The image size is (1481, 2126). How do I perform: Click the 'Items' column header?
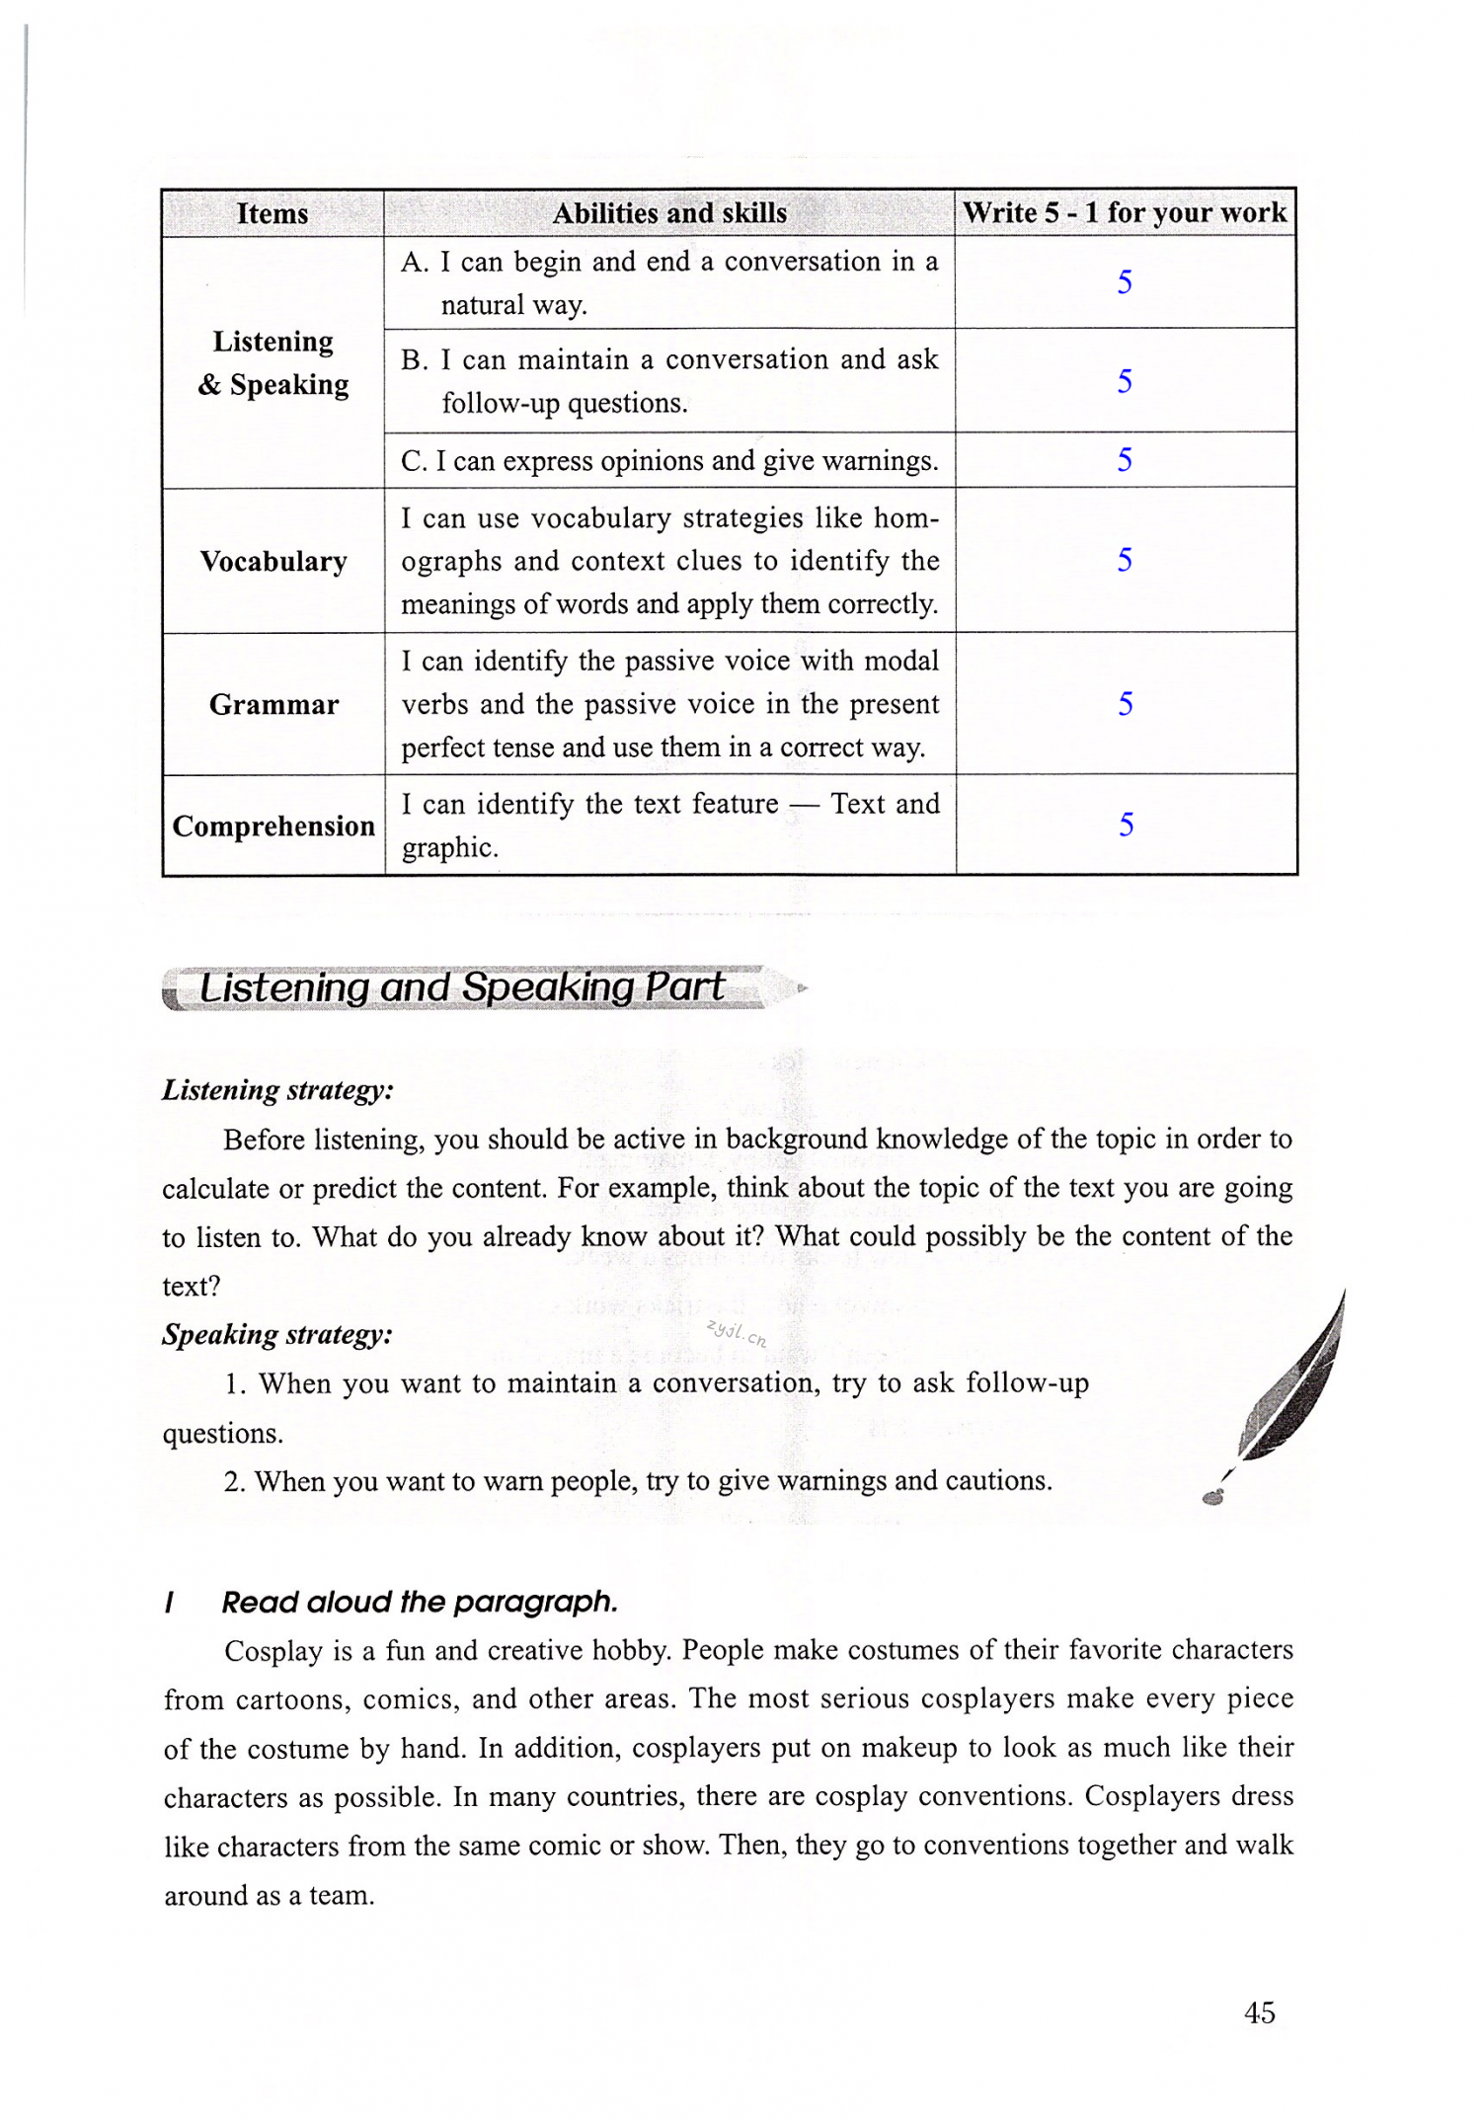click(x=273, y=213)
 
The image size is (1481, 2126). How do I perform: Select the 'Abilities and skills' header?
click(x=669, y=213)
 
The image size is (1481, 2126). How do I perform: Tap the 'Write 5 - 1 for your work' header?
click(x=1125, y=212)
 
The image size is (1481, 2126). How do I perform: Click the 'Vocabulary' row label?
click(x=273, y=561)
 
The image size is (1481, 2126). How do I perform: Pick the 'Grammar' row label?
click(x=273, y=704)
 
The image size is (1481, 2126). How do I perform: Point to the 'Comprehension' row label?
click(x=273, y=826)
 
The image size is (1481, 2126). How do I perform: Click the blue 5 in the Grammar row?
click(x=1125, y=703)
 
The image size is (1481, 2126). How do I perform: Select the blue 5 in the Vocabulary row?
click(x=1125, y=560)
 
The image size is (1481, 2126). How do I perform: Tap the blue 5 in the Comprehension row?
click(x=1126, y=824)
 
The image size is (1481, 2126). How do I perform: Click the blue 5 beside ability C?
click(x=1125, y=459)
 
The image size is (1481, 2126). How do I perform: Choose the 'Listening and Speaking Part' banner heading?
click(x=462, y=987)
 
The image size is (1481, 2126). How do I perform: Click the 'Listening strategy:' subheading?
click(x=277, y=1090)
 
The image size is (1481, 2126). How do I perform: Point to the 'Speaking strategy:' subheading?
click(x=276, y=1335)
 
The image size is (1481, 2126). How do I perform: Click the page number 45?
click(x=1259, y=2012)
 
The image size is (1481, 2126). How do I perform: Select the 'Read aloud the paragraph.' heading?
click(x=420, y=1602)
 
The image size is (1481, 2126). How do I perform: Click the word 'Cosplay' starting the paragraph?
click(x=273, y=1651)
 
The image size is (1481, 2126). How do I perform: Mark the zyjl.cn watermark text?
click(x=737, y=1333)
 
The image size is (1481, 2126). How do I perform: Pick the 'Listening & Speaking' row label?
click(x=273, y=362)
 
